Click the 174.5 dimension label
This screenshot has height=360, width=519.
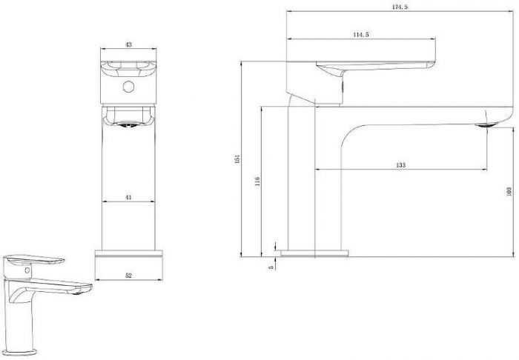400,7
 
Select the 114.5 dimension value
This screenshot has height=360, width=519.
361,34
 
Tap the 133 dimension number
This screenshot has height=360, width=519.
400,165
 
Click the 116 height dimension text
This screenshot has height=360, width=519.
257,181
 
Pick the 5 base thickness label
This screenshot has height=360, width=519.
271,267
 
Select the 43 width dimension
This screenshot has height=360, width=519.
129,44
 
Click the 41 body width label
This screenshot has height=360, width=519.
128,197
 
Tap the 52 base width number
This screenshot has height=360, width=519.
129,275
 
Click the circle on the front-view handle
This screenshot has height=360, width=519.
128,87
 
